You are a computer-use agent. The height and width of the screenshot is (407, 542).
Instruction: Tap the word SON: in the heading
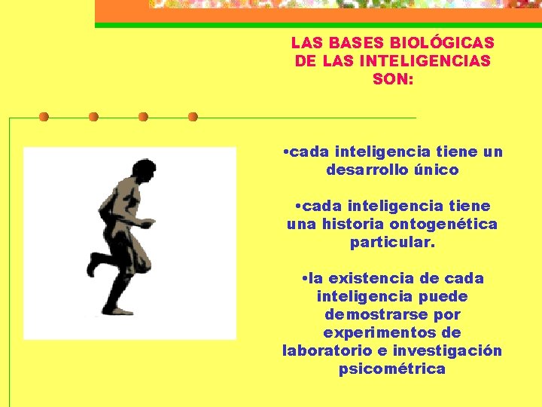tap(393, 78)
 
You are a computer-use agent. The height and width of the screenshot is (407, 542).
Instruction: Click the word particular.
tap(392, 243)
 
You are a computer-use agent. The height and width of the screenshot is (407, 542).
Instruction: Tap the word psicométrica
tap(392, 369)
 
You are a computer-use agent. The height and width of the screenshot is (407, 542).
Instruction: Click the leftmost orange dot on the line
tap(44, 117)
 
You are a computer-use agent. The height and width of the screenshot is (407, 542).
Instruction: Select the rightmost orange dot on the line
tap(193, 117)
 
